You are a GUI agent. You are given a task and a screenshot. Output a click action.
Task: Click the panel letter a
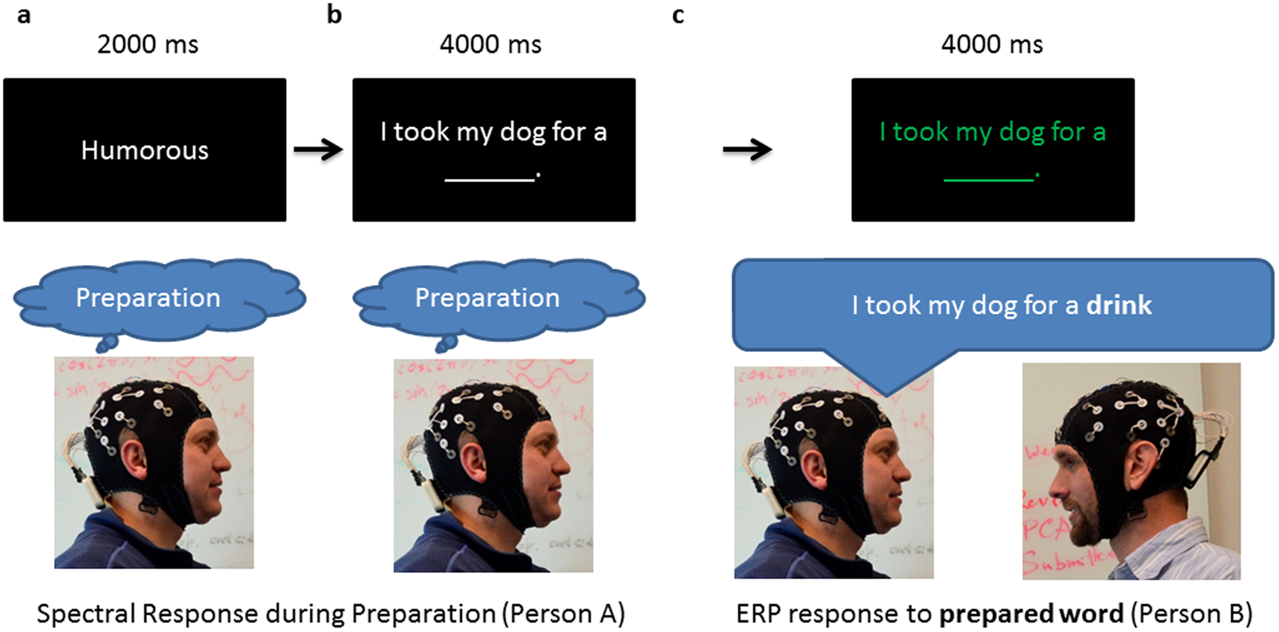tap(23, 15)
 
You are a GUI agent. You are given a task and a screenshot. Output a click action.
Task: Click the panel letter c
tap(677, 15)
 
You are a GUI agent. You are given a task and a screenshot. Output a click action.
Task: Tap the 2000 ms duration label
tap(147, 44)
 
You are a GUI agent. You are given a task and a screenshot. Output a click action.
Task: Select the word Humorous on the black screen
tap(145, 150)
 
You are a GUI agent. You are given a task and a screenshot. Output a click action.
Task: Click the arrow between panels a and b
tap(318, 149)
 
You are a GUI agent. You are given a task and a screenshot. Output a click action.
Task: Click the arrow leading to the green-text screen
tap(746, 149)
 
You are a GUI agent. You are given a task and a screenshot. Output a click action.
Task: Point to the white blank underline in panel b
tap(490, 179)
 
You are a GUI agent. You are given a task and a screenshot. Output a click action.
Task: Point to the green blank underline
tap(988, 179)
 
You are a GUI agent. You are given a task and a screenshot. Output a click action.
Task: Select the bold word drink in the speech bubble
tap(1119, 305)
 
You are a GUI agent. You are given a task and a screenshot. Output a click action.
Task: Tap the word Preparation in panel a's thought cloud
tap(148, 298)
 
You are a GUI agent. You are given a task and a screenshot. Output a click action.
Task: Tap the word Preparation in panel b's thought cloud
tap(487, 298)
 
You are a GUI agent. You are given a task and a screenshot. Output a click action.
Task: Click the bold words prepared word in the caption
tap(1031, 613)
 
